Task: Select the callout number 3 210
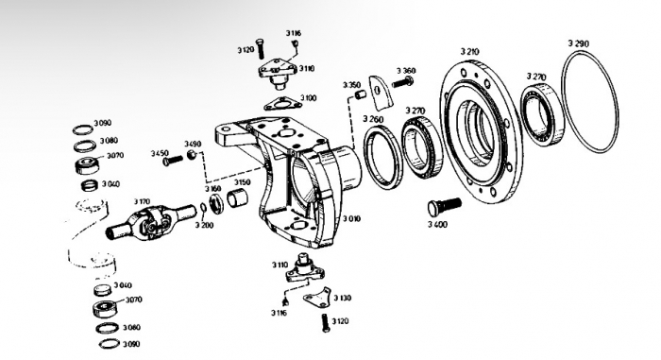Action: click(x=469, y=51)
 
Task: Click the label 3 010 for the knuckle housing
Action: click(x=351, y=219)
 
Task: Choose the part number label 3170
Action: click(x=142, y=201)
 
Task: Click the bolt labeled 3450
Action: click(x=171, y=161)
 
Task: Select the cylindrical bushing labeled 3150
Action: click(x=235, y=200)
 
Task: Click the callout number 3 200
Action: click(x=204, y=226)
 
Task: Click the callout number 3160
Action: click(x=213, y=189)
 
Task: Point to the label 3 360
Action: click(x=406, y=71)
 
